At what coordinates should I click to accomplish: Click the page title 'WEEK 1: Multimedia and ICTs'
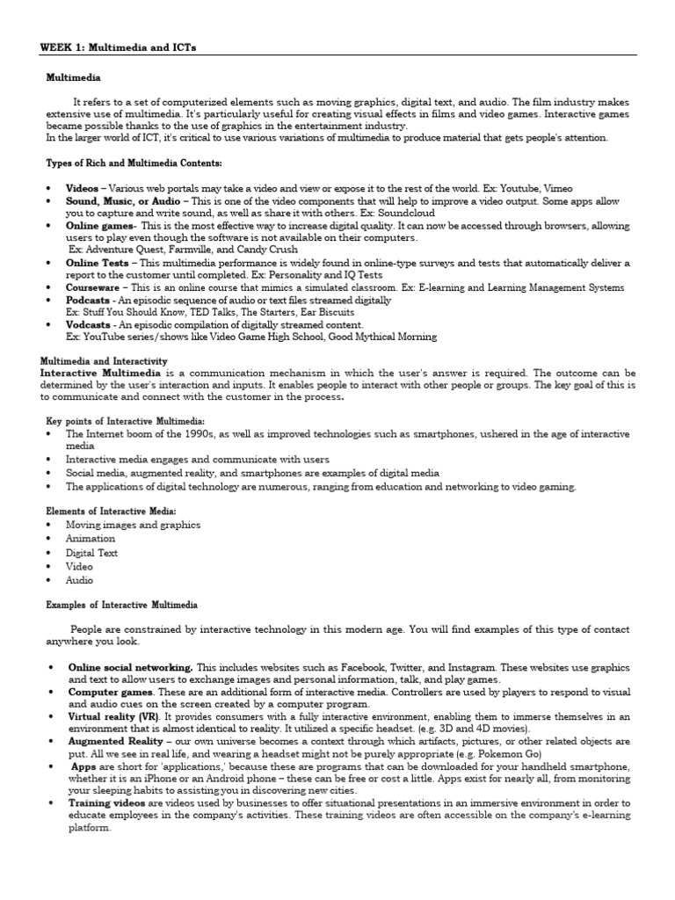(x=119, y=47)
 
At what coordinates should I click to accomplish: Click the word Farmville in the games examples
(x=179, y=250)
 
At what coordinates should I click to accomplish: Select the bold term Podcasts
(x=88, y=300)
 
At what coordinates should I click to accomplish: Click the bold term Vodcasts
(x=89, y=324)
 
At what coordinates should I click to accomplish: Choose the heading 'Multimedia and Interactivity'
(x=105, y=360)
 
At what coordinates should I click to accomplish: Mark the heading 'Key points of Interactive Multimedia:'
(x=125, y=422)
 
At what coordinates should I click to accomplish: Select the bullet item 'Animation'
(x=91, y=539)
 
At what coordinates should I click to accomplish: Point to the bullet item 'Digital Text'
(x=92, y=553)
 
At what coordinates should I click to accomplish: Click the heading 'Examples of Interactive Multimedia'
(x=121, y=605)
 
